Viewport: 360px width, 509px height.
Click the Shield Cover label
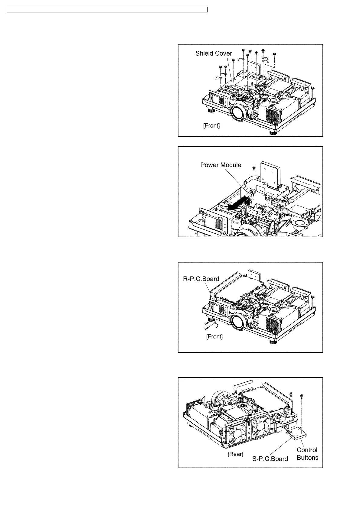(x=214, y=53)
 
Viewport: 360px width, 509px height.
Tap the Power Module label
(x=221, y=165)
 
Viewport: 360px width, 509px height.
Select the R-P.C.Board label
(x=201, y=279)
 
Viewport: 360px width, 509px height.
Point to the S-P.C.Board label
(x=270, y=459)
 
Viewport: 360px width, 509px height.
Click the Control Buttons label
(x=307, y=454)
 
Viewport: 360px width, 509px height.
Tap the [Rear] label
(x=235, y=454)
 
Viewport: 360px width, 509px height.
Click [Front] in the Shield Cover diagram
(x=211, y=125)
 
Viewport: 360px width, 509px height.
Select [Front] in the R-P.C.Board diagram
(x=214, y=336)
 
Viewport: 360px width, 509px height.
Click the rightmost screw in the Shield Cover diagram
(x=274, y=54)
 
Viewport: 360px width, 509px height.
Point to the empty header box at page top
(x=107, y=10)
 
